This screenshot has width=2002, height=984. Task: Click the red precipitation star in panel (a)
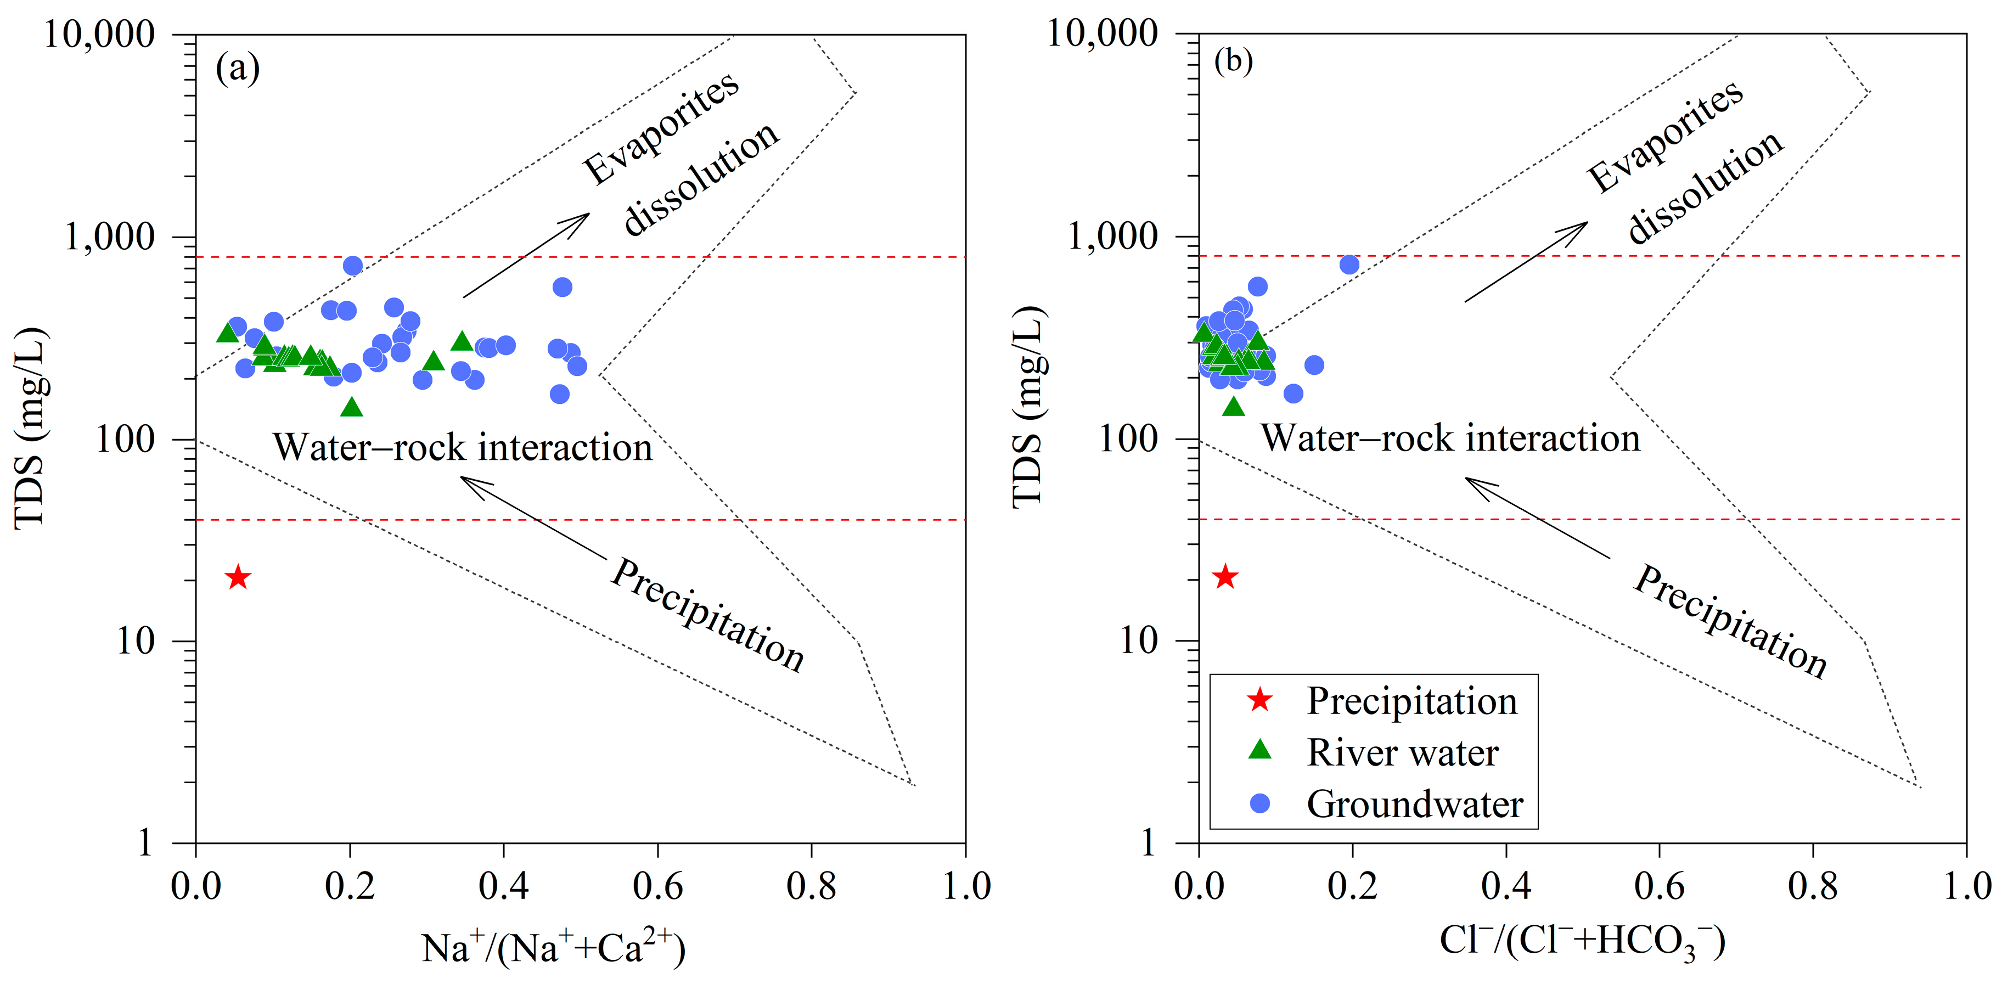(238, 577)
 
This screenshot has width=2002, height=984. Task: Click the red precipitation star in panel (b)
(1225, 577)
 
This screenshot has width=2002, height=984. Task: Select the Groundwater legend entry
(1414, 803)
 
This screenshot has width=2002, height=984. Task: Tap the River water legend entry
(1402, 752)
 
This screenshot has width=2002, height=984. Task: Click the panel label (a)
(237, 69)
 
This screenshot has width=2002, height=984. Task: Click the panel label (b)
(1233, 60)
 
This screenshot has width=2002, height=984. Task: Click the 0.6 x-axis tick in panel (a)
(657, 886)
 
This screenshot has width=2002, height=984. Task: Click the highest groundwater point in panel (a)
(353, 266)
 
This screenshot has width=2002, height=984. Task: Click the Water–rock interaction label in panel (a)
(463, 448)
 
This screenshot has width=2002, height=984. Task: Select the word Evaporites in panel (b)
(1664, 136)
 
